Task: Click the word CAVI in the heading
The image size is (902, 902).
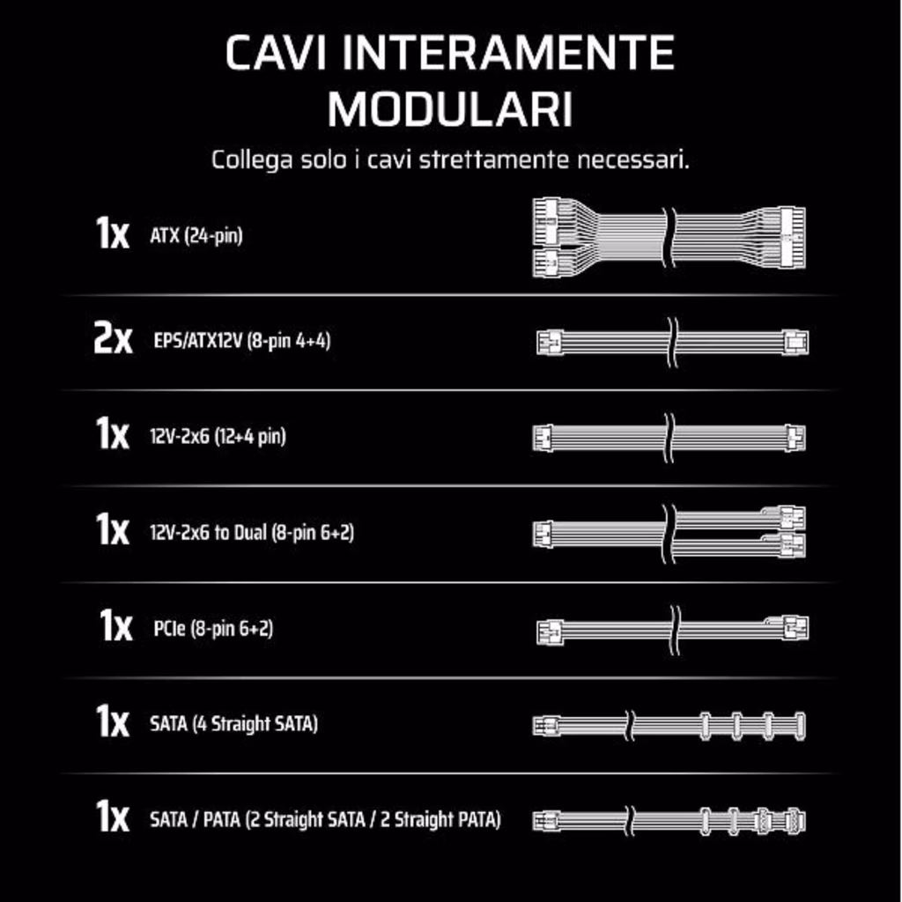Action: (276, 52)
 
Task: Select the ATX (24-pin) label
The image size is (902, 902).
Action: (196, 235)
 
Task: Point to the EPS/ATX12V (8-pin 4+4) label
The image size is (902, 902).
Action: (242, 341)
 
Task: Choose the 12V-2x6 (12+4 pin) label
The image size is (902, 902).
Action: (218, 437)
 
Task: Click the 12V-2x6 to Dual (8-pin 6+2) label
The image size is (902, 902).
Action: (252, 532)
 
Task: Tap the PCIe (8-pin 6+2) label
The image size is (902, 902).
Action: (213, 628)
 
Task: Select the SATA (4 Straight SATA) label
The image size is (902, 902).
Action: (233, 724)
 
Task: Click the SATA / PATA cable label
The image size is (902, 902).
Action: (325, 820)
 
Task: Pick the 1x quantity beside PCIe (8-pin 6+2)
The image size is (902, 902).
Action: (115, 625)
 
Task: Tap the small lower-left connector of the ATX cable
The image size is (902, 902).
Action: (546, 263)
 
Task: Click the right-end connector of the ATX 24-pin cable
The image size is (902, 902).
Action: (792, 238)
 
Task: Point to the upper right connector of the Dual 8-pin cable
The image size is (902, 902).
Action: (792, 518)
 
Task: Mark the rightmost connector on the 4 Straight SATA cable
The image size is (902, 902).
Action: (799, 726)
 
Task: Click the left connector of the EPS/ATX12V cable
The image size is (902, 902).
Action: (550, 343)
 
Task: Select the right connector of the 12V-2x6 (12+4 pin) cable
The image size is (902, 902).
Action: (795, 439)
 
